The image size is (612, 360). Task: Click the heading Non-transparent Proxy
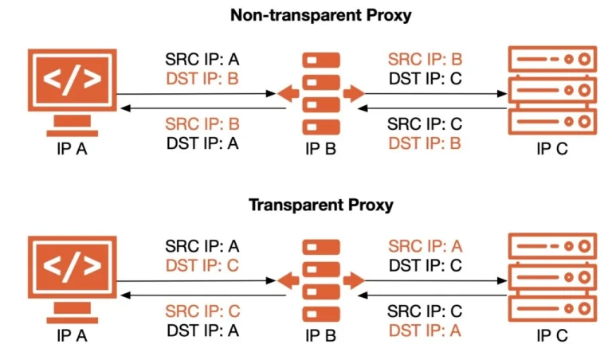(x=321, y=15)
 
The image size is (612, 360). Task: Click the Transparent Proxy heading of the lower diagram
(x=321, y=205)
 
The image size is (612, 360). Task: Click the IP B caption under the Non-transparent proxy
(x=321, y=149)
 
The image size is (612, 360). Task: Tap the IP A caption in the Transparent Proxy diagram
(x=73, y=336)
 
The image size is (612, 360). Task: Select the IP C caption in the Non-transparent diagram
(x=551, y=149)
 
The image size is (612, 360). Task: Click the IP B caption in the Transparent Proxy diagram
(x=321, y=336)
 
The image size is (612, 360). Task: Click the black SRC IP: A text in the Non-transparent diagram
(x=202, y=59)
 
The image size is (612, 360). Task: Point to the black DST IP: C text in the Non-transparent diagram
(x=426, y=78)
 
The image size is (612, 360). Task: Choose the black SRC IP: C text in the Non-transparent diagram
(x=425, y=124)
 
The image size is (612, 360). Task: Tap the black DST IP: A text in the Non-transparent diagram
(x=202, y=143)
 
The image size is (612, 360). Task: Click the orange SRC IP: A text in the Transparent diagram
(x=425, y=246)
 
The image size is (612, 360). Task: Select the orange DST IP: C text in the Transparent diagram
(x=202, y=265)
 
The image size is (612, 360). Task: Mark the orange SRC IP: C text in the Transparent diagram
(x=202, y=311)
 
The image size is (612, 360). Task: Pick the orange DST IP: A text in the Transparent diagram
(x=425, y=330)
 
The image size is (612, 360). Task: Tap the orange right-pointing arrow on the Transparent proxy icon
(x=353, y=281)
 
